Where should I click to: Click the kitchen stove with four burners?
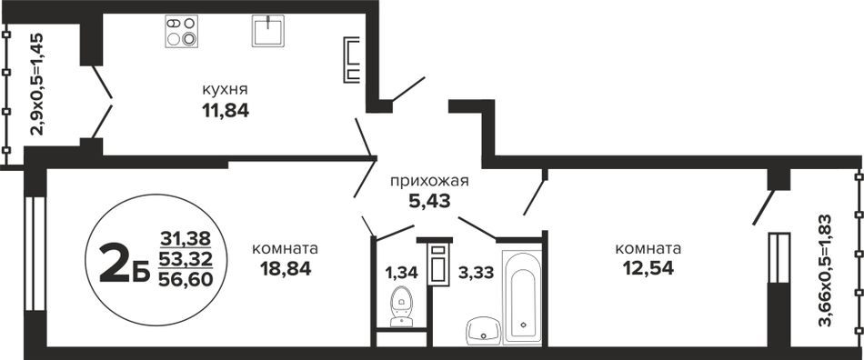click(x=181, y=32)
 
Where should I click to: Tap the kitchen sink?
click(x=268, y=31)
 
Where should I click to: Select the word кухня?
click(x=225, y=90)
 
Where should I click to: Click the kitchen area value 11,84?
click(x=226, y=111)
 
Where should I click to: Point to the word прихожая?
click(x=429, y=181)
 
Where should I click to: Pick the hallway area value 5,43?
click(x=429, y=202)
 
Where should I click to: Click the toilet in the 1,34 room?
click(x=401, y=305)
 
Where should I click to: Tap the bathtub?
click(x=522, y=297)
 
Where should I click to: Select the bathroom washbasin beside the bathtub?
click(x=483, y=330)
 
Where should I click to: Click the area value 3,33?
click(x=476, y=272)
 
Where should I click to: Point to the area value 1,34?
click(x=402, y=272)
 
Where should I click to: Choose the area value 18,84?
click(x=286, y=268)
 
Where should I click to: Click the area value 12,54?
click(x=648, y=268)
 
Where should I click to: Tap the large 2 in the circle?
click(x=116, y=263)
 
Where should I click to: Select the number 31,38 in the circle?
click(x=186, y=238)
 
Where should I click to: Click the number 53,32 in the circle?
click(x=186, y=259)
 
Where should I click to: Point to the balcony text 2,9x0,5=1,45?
click(x=37, y=84)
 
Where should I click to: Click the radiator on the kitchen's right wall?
click(x=351, y=59)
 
